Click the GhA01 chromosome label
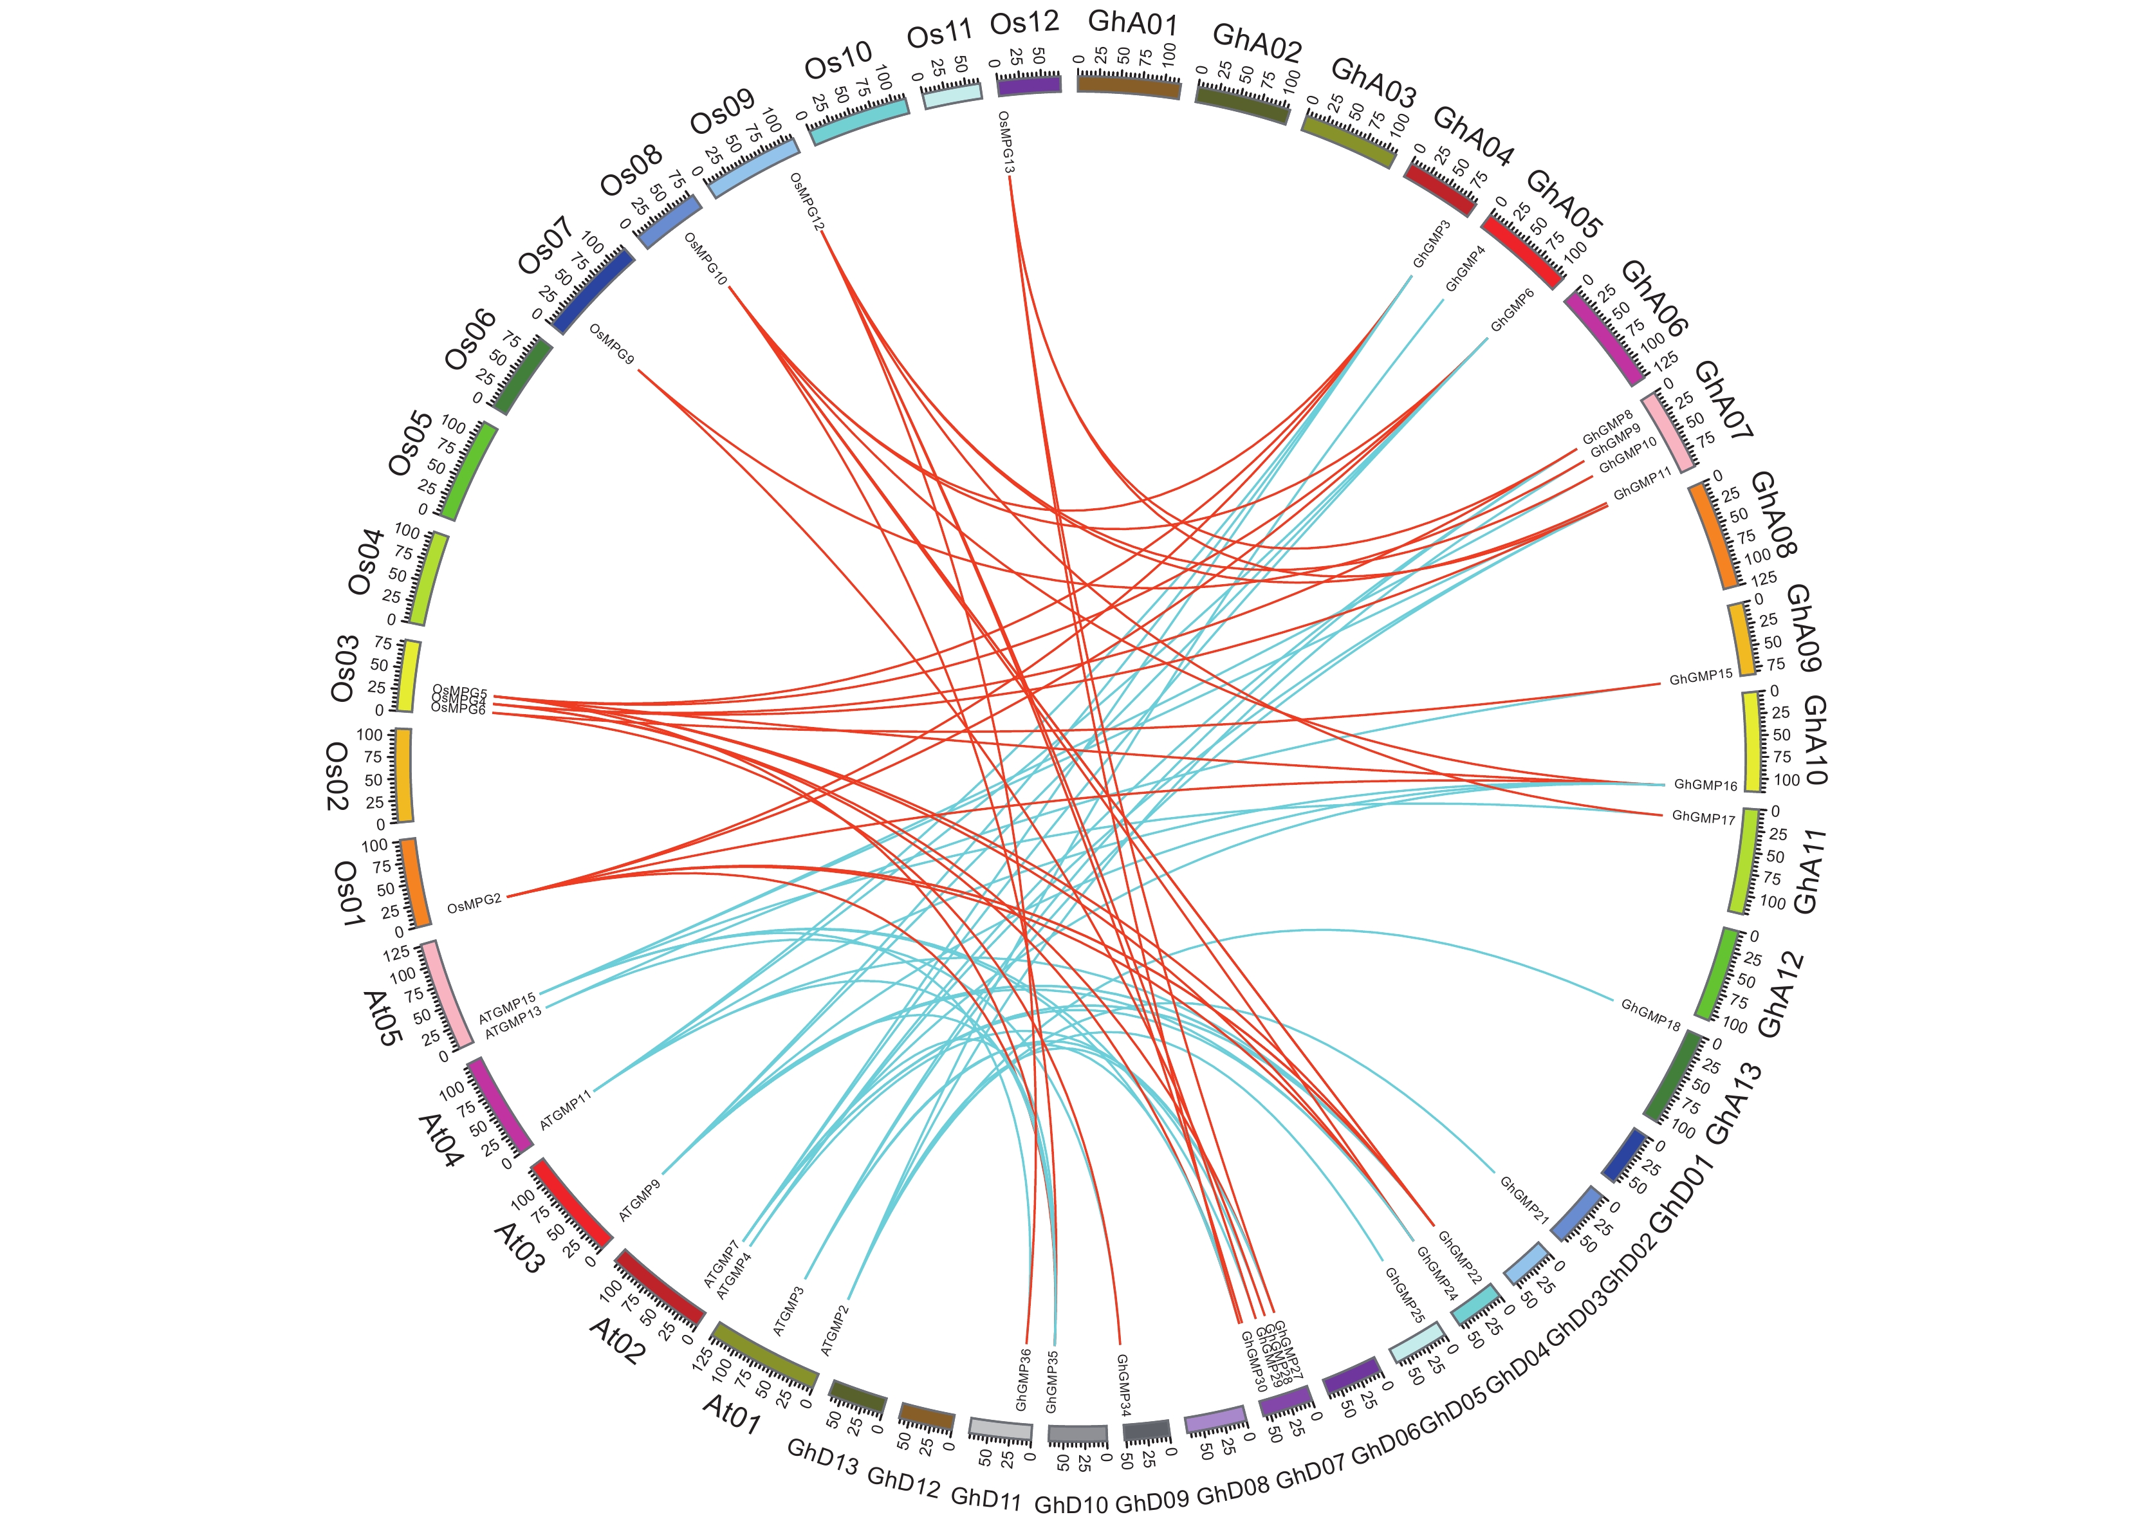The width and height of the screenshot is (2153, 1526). [x=1132, y=23]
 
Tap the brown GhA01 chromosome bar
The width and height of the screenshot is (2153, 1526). [x=1129, y=86]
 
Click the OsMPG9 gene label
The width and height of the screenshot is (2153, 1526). [x=612, y=345]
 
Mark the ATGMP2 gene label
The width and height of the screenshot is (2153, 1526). [x=835, y=1330]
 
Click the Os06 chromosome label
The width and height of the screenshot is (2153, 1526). [x=470, y=340]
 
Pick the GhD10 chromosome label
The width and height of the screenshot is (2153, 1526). [x=1071, y=1504]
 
